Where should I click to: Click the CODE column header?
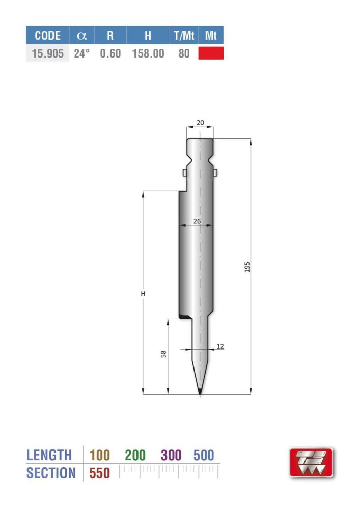click(x=47, y=36)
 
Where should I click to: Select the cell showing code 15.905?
click(x=47, y=53)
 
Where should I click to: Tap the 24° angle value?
click(x=81, y=53)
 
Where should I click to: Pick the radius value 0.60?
click(x=110, y=53)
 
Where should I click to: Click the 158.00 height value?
click(x=148, y=53)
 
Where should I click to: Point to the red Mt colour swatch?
click(x=211, y=53)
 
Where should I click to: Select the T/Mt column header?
click(x=184, y=36)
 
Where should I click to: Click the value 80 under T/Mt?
click(x=184, y=53)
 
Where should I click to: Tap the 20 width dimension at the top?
click(x=200, y=122)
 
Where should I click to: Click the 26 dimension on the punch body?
click(x=197, y=221)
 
